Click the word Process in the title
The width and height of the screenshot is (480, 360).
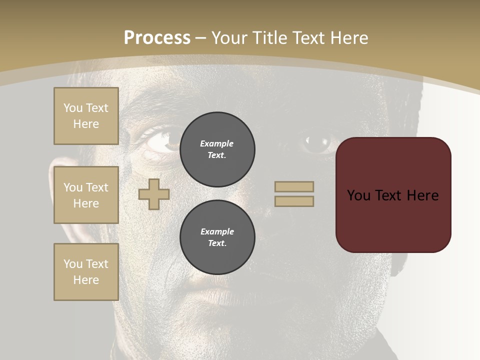pyautogui.click(x=157, y=38)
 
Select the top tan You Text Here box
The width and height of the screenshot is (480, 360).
pyautogui.click(x=86, y=116)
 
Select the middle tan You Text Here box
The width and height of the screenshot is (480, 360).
pyautogui.click(x=86, y=195)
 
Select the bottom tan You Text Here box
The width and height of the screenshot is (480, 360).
pyautogui.click(x=86, y=272)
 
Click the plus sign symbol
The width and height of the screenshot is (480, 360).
pyautogui.click(x=154, y=194)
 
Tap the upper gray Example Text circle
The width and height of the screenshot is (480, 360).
pyautogui.click(x=217, y=149)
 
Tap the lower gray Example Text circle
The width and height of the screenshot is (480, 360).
pyautogui.click(x=217, y=237)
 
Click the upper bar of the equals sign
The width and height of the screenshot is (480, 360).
pyautogui.click(x=294, y=186)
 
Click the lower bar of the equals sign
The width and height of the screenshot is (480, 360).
pyautogui.click(x=294, y=201)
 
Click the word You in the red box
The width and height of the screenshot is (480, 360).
pyautogui.click(x=358, y=195)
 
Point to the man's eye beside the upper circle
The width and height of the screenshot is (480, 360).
pyautogui.click(x=162, y=141)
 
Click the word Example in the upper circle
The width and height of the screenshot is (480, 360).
pyautogui.click(x=217, y=143)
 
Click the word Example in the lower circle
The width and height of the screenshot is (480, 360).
pyautogui.click(x=217, y=231)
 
